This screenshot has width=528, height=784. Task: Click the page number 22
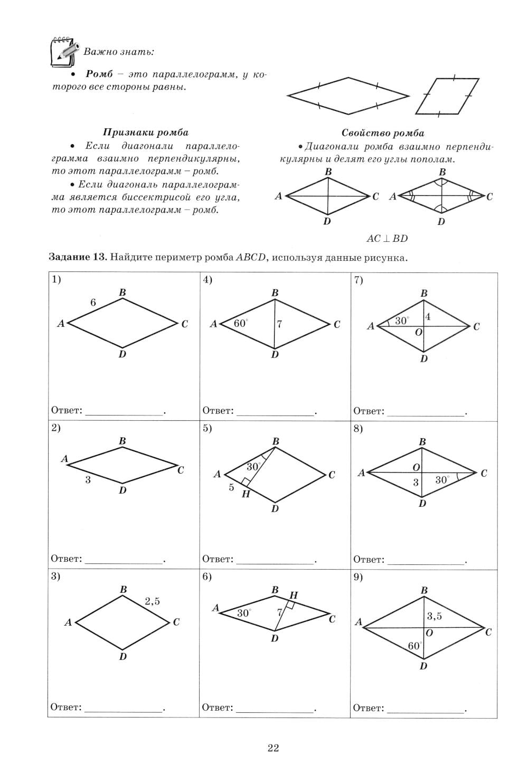point(273,748)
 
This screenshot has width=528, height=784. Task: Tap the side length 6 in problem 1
point(93,303)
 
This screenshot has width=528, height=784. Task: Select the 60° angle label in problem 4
point(240,323)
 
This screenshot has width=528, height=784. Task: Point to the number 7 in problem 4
point(279,324)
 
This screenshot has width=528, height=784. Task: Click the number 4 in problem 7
point(428,317)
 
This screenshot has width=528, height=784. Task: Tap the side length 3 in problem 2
point(88,480)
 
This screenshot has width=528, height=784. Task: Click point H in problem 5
point(246,494)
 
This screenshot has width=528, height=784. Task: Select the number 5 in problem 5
point(231,487)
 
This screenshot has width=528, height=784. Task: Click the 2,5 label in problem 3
point(152,601)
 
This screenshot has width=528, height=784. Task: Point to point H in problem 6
point(294,596)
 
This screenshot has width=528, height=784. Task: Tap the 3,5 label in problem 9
point(434,616)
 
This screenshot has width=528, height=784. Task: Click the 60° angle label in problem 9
point(415,646)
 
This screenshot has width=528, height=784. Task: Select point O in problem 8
point(416,467)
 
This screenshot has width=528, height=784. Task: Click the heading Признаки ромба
point(145,133)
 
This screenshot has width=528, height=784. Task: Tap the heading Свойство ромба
point(383,133)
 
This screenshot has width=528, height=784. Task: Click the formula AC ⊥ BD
point(387,239)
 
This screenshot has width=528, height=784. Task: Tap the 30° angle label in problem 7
point(402,320)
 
